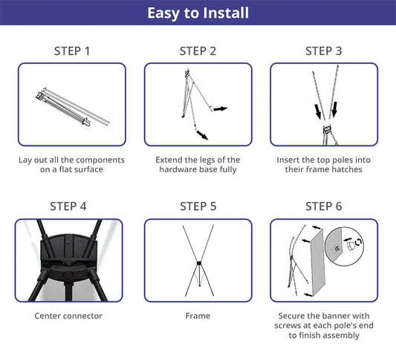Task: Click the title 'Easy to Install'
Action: point(198,13)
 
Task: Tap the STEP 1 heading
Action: point(72,51)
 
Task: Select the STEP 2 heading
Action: point(198,51)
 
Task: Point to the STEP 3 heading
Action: point(324,51)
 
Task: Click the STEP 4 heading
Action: point(68,206)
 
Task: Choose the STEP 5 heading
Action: point(198,206)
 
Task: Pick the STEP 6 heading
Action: point(324,206)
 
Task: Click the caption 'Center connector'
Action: point(68,316)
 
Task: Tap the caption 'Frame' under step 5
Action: point(198,316)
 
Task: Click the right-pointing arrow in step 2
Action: point(221,108)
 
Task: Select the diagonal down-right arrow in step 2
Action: point(202,135)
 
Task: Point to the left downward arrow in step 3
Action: point(318,111)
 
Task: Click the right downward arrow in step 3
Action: point(334,110)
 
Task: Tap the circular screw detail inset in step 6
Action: point(344,246)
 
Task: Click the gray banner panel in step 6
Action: point(317,262)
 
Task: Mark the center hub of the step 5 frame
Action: point(199,264)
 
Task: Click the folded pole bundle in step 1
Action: point(72,107)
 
